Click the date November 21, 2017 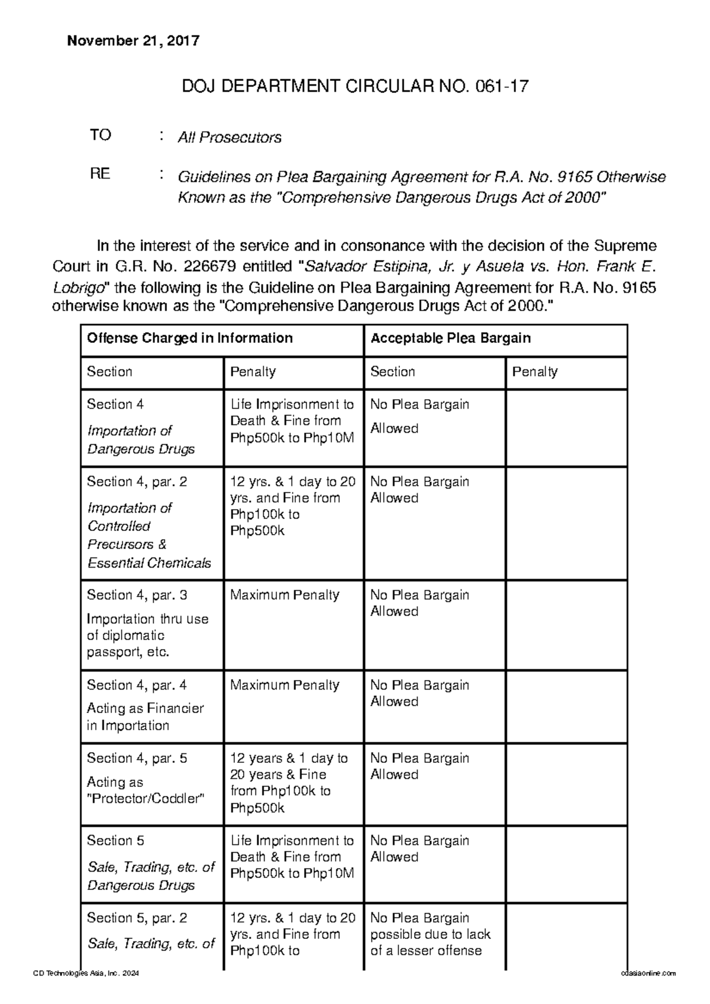point(133,41)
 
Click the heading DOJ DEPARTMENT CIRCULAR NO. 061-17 point(354,87)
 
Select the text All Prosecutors point(230,138)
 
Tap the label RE point(100,174)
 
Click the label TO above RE point(100,135)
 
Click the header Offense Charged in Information point(190,338)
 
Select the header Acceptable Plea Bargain point(450,338)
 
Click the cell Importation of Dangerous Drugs point(141,440)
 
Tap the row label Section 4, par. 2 point(137,482)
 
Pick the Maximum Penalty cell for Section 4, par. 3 point(285,595)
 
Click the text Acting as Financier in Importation point(145,717)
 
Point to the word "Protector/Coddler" point(146,799)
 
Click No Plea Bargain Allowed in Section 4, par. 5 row point(419,766)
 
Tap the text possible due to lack point(430,934)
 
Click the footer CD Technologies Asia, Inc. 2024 point(86,973)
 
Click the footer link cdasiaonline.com point(648,973)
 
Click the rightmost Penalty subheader point(535,372)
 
